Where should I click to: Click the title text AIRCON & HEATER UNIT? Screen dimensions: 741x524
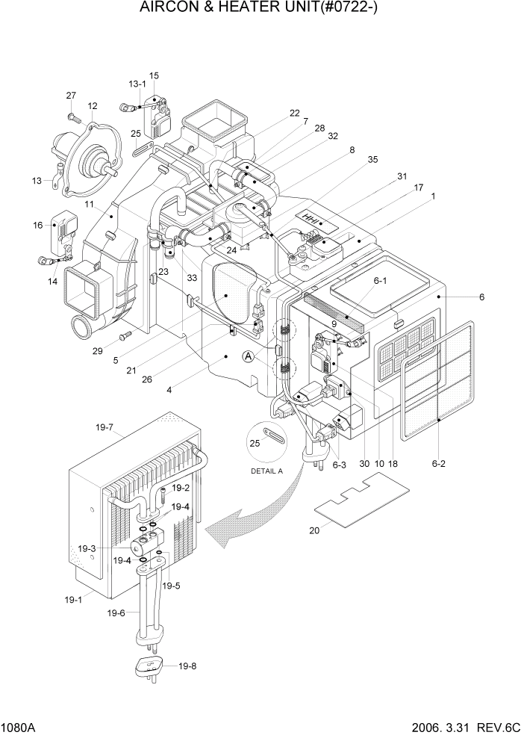pos(261,9)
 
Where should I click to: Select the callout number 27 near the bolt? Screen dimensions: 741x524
pos(71,95)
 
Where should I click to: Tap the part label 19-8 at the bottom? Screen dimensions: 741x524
pos(188,666)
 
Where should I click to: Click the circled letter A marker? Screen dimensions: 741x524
pos(247,358)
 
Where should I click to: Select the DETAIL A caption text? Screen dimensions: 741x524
pos(267,471)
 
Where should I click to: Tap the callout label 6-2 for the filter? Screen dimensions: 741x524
pos(437,464)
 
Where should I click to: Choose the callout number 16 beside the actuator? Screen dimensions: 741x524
pos(38,225)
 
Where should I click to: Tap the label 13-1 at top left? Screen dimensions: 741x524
pos(137,84)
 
